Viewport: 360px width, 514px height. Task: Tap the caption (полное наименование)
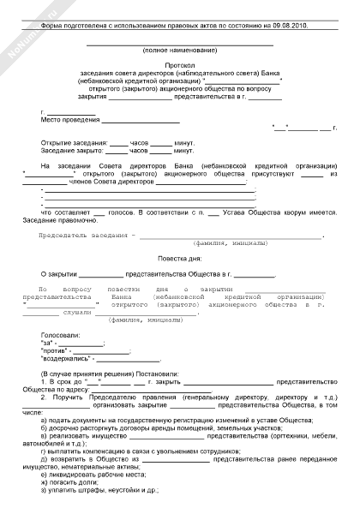pos(180,51)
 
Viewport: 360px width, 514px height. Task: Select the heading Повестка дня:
pos(179,258)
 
